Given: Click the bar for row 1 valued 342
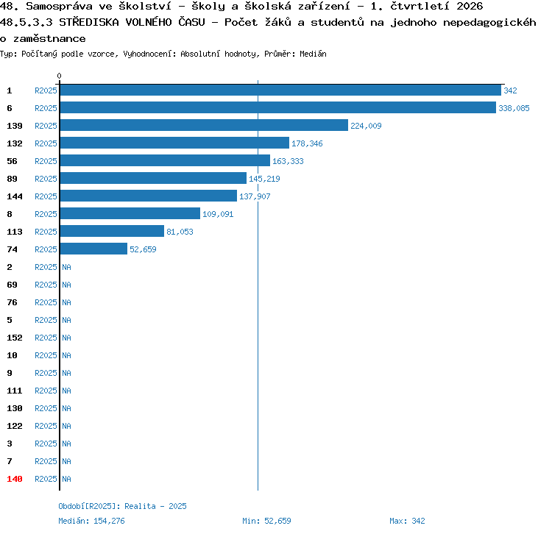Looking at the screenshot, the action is click(280, 90).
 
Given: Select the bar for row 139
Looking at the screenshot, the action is click(204, 125).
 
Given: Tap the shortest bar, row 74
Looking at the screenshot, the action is click(93, 249).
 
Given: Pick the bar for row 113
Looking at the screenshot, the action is click(113, 231).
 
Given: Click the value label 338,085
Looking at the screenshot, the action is click(514, 108).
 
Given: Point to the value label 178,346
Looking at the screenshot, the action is click(307, 143).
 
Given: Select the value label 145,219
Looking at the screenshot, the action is click(264, 179).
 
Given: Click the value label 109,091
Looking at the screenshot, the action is click(218, 214).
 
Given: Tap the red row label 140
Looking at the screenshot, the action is click(15, 479).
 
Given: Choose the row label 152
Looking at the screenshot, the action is click(15, 338).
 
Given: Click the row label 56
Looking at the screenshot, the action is click(12, 161).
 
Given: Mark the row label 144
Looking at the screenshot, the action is click(15, 196).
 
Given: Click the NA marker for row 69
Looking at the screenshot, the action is click(66, 285).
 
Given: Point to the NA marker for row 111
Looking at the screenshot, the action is click(66, 391).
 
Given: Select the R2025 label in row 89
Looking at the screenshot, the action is click(46, 179).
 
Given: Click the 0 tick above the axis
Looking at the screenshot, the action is click(59, 76).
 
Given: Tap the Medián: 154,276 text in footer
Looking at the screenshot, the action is click(91, 521).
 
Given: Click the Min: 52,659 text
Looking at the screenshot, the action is click(266, 521).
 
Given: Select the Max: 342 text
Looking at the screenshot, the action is click(407, 521).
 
